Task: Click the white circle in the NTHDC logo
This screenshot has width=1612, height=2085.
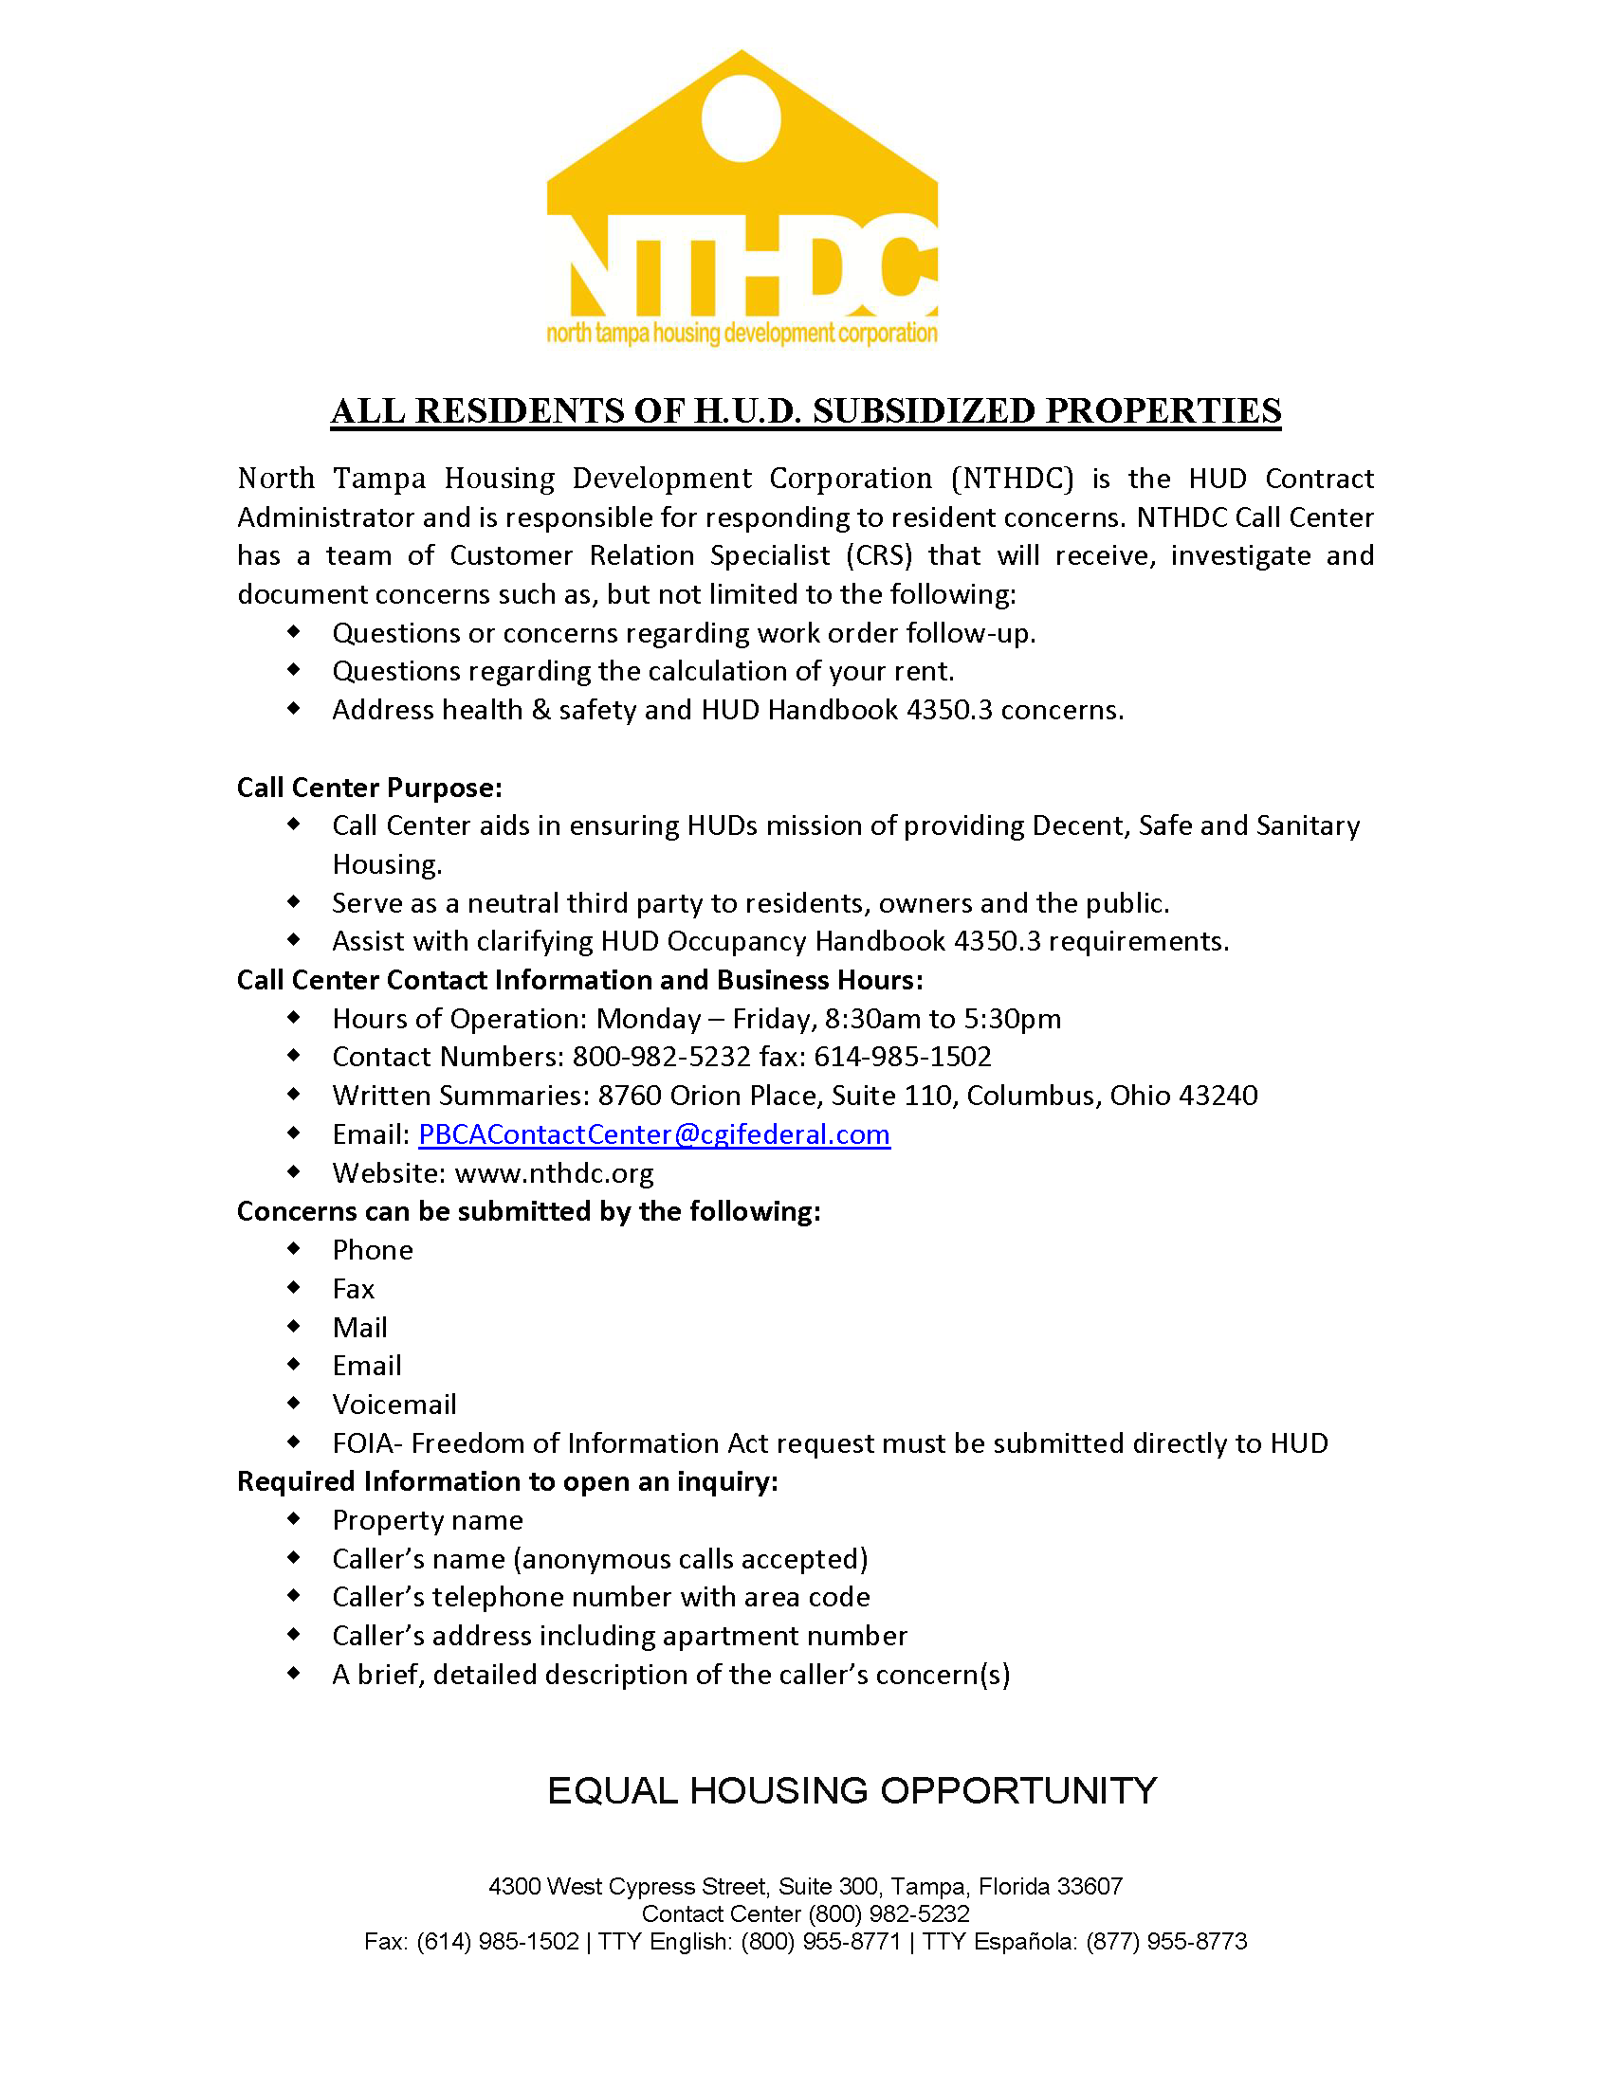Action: click(742, 119)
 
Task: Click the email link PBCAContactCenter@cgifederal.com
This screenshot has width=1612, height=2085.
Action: click(654, 1134)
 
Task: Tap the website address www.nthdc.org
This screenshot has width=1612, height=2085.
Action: click(554, 1173)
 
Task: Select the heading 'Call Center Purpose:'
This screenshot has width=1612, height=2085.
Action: click(370, 788)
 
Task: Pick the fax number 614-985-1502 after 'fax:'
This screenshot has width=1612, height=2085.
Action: click(903, 1057)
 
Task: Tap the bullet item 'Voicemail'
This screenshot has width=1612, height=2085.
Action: click(394, 1405)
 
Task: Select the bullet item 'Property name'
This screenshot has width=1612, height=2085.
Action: click(427, 1521)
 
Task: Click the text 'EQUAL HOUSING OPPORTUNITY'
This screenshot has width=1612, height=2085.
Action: click(852, 1791)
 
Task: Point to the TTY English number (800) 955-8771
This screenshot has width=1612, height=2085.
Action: click(820, 1942)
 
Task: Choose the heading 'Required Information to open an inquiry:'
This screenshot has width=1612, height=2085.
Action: click(507, 1481)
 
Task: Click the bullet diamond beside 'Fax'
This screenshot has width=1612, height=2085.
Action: click(294, 1288)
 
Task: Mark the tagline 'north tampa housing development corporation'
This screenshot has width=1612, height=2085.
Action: click(742, 334)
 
